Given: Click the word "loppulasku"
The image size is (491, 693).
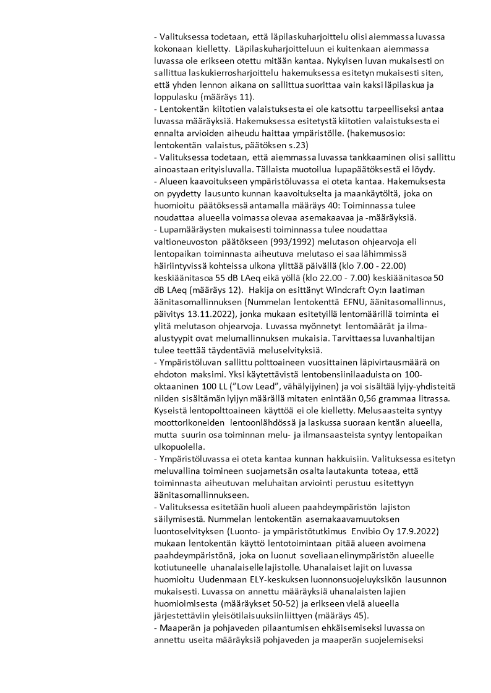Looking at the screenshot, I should [x=175, y=97].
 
